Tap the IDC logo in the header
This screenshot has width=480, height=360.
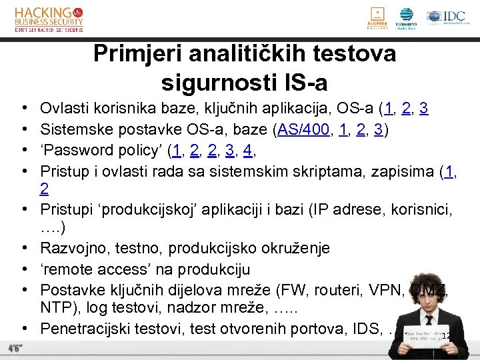pos(447,17)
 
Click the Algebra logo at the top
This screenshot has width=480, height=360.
pos(377,18)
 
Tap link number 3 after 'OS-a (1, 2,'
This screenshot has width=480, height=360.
pos(424,109)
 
